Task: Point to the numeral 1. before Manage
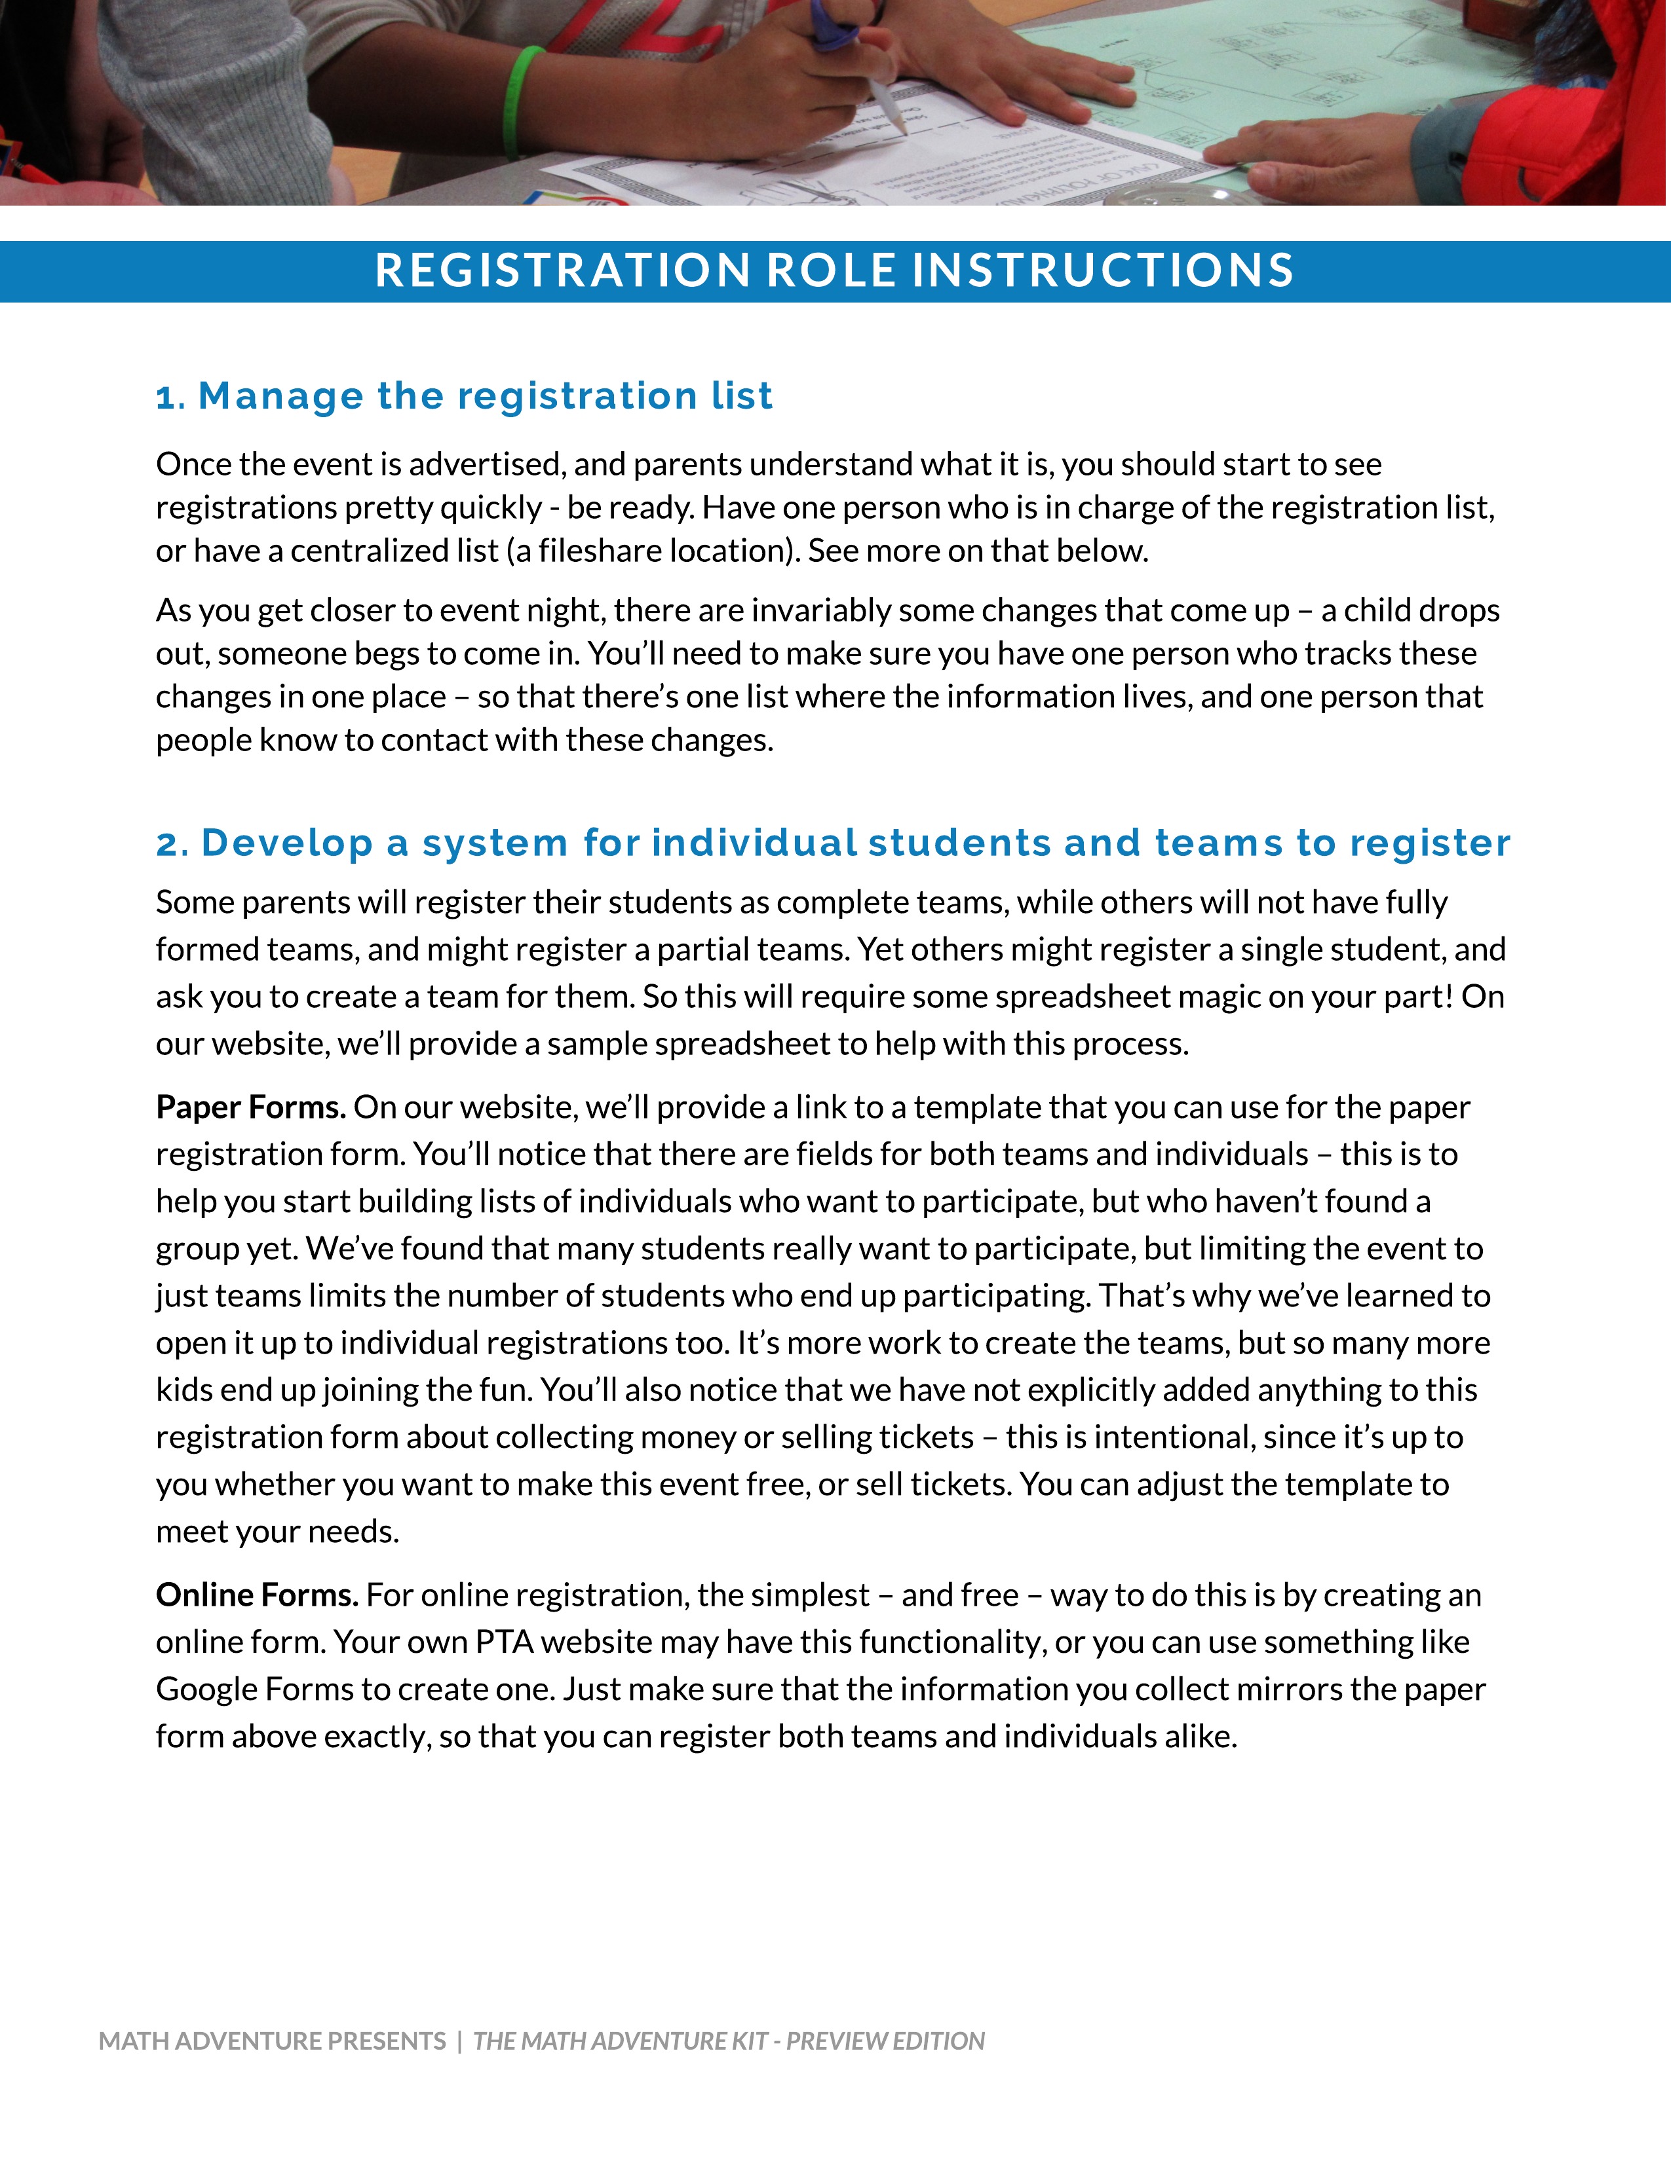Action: [x=170, y=397]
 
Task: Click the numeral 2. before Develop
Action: [x=172, y=845]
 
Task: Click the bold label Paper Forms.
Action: [x=250, y=1107]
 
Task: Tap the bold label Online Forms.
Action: [x=256, y=1595]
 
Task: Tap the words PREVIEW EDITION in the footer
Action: [x=885, y=2041]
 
